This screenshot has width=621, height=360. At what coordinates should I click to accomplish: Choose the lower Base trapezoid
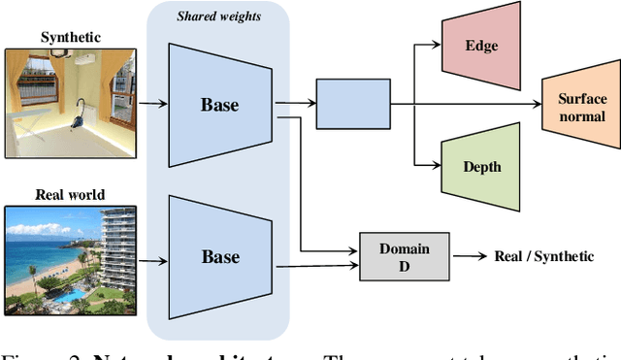pos(219,257)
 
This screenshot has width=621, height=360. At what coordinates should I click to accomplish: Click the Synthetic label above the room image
pos(70,37)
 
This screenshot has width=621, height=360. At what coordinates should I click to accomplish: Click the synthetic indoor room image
pos(70,101)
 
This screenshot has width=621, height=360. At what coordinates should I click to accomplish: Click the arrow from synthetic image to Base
pos(152,100)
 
